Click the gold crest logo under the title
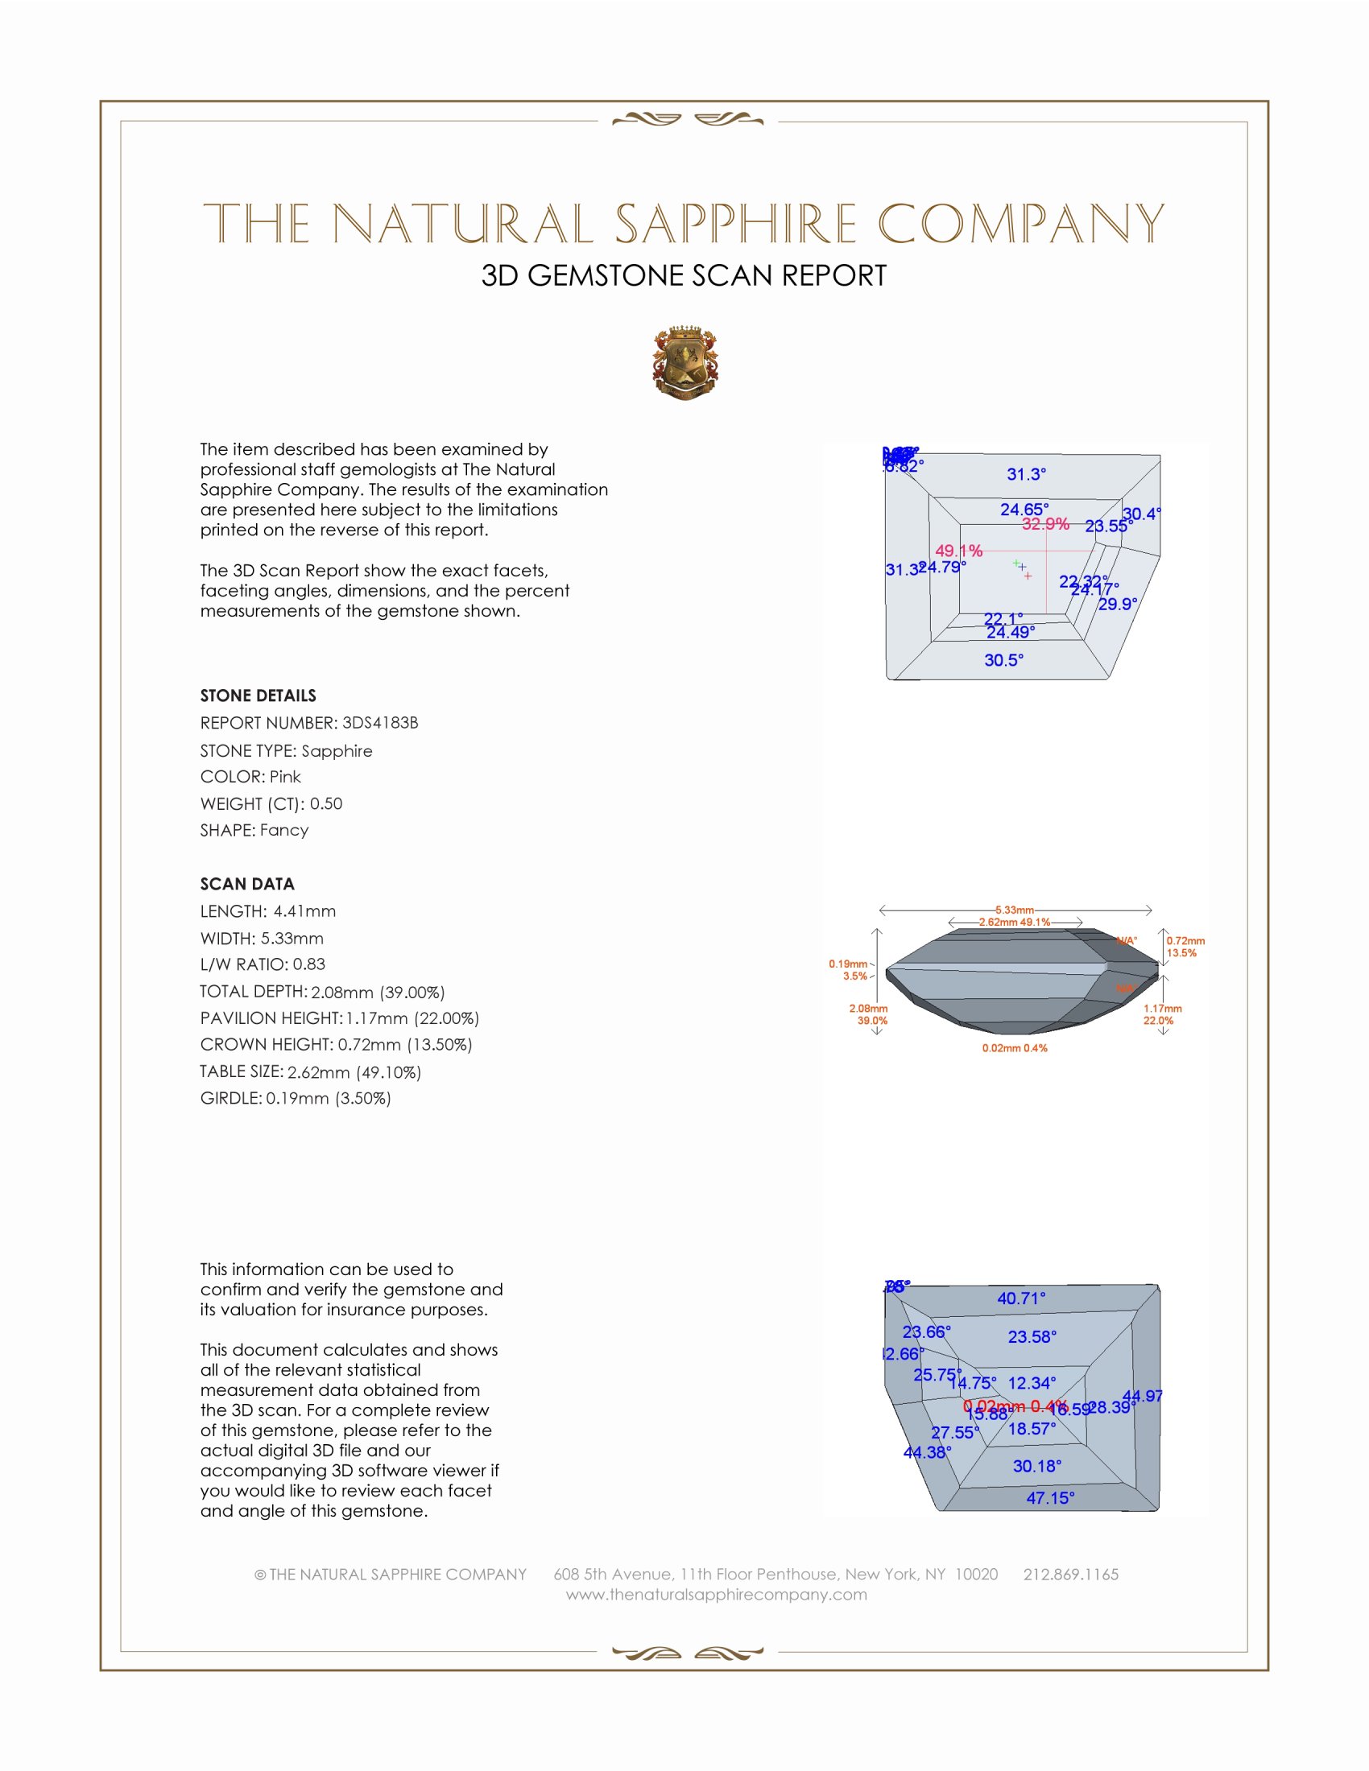coord(685,363)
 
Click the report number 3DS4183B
coord(379,723)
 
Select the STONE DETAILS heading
coord(258,696)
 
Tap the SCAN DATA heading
coord(246,884)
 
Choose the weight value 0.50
coord(326,803)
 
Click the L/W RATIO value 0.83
coord(309,964)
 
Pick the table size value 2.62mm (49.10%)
coord(354,1072)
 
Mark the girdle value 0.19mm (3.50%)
coord(328,1098)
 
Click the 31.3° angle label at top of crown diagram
coord(1026,474)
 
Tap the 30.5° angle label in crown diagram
coord(1003,660)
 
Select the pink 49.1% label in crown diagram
coord(958,551)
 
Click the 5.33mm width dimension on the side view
coord(1014,910)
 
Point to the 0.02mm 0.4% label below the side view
coord(1014,1047)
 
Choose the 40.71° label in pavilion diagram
coord(1021,1298)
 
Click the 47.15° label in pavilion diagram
coord(1050,1498)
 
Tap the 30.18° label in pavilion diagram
coord(1036,1465)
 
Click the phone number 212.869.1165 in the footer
coord(1069,1574)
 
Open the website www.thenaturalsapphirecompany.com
coord(716,1594)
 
